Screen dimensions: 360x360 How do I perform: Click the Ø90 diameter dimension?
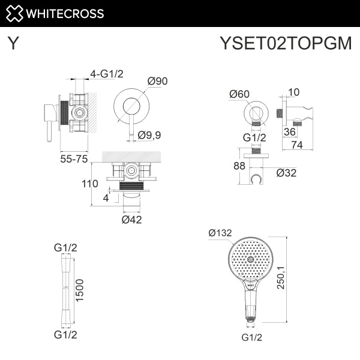157,81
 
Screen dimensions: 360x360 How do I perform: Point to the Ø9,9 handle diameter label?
149,135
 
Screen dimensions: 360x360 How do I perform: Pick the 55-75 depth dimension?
74,159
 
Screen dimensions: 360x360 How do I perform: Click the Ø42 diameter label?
132,220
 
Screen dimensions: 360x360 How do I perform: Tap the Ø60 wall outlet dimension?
239,93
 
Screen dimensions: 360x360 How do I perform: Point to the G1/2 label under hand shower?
252,337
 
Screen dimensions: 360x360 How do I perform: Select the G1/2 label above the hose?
65,247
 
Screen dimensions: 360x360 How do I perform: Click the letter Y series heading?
13,44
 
